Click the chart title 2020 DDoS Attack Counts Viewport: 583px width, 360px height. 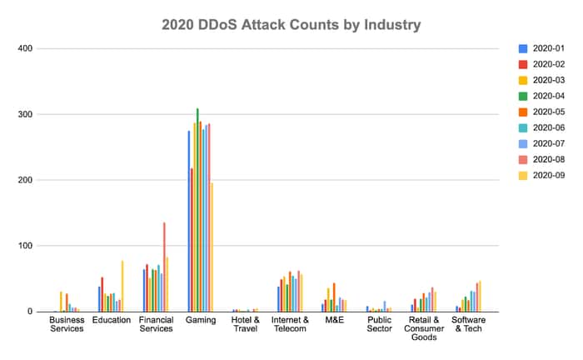point(291,25)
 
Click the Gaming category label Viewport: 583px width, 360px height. point(201,320)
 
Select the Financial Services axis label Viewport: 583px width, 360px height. point(156,324)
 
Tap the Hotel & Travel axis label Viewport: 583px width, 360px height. point(246,324)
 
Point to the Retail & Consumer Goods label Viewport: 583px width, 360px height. point(424,328)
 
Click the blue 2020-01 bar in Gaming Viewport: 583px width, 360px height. point(189,221)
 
